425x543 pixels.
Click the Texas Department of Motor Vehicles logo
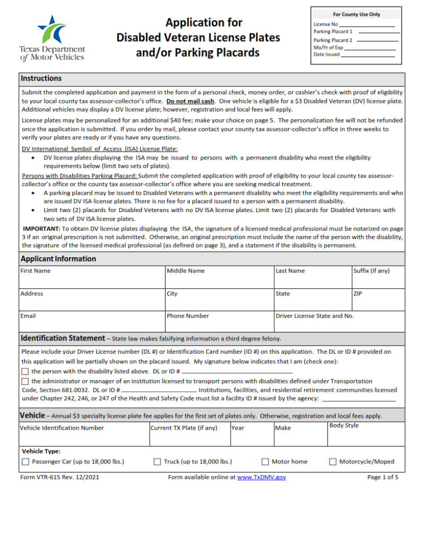52,38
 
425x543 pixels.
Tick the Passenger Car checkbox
25,462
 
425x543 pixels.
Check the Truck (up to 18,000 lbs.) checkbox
157,462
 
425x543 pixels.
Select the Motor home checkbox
265,462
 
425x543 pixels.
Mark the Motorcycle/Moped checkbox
333,462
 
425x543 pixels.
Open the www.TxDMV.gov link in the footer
261,477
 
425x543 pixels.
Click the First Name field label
36,271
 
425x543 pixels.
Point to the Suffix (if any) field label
371,271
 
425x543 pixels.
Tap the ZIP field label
358,294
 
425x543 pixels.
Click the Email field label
28,316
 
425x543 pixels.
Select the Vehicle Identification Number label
62,428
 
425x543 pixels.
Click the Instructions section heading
41,78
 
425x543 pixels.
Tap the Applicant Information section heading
58,259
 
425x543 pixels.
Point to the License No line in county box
366,25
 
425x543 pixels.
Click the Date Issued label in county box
327,55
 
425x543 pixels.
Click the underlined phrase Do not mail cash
190,101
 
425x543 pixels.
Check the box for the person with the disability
25,372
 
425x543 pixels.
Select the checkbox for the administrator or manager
25,381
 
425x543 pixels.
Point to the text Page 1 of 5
383,477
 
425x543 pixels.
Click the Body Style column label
344,425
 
